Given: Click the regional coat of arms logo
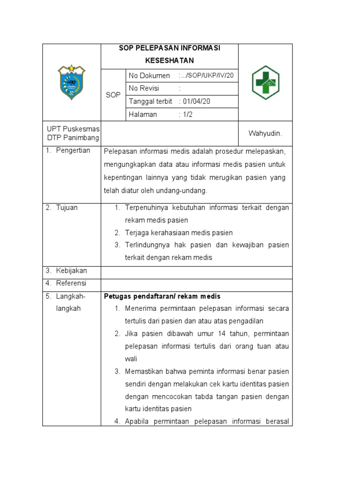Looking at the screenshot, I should (x=72, y=82).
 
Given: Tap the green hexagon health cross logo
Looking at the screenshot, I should (x=265, y=82).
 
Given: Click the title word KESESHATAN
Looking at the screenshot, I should (x=169, y=60).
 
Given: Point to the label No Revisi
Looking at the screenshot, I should (x=144, y=89).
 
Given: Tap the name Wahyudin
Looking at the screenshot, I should (x=265, y=134).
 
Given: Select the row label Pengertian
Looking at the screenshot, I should (x=73, y=150).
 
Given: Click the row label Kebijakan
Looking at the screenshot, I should (x=71, y=271).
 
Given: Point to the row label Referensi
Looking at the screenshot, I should (x=71, y=283).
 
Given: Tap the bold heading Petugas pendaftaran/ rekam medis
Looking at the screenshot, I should (x=162, y=296).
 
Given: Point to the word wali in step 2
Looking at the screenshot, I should (x=131, y=359).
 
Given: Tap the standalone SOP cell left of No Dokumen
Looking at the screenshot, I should (x=113, y=95).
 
